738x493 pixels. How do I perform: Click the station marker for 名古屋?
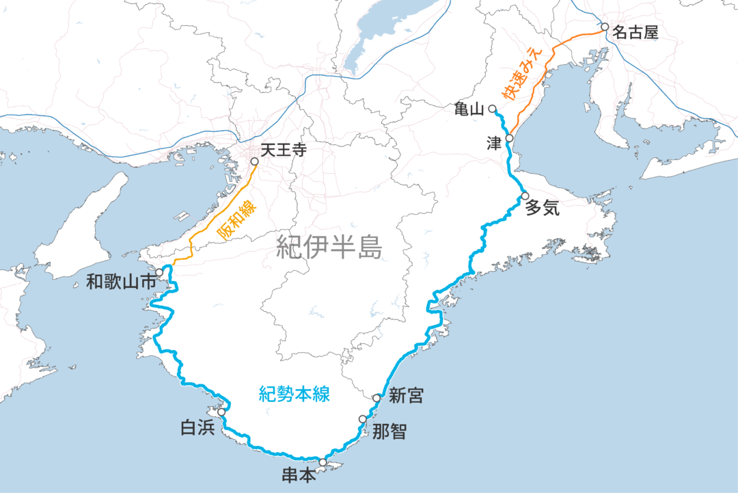[604, 27]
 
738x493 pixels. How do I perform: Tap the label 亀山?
[469, 109]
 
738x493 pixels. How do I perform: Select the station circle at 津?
[509, 138]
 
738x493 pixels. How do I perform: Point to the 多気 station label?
[542, 209]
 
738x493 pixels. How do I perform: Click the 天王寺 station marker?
[254, 162]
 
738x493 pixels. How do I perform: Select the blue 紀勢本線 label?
[295, 394]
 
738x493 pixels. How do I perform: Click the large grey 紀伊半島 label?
[329, 246]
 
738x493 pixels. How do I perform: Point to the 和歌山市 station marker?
[159, 272]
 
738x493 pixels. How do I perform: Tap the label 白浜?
[197, 429]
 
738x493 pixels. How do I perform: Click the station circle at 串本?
[323, 462]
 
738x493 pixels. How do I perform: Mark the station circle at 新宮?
[377, 398]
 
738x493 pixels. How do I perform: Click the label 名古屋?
[635, 32]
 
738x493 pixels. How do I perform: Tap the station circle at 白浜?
[221, 412]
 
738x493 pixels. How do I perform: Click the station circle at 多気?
[525, 196]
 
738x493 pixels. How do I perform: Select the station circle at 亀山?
[492, 108]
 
